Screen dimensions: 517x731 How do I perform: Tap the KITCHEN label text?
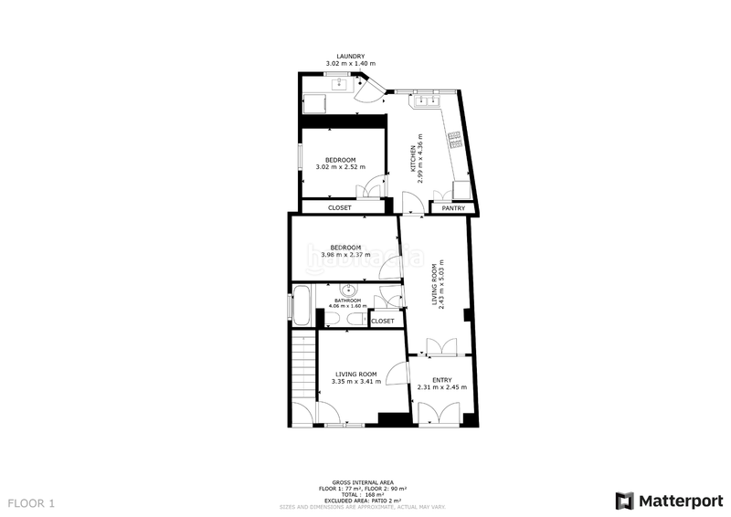[413, 157]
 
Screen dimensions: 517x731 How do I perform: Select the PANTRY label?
[453, 208]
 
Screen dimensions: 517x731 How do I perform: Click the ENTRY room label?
[441, 380]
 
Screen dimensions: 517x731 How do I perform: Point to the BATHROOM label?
[347, 301]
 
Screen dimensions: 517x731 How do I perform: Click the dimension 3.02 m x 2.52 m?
[340, 167]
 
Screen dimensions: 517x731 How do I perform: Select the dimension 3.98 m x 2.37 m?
[345, 255]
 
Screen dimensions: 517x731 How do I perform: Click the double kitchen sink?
[426, 99]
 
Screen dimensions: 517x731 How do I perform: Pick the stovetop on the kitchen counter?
[454, 141]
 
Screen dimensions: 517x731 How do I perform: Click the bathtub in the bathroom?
[300, 302]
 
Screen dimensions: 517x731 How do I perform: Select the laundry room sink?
[340, 82]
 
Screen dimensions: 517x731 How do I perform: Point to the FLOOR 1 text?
[32, 502]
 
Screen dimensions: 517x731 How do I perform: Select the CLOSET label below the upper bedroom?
[339, 207]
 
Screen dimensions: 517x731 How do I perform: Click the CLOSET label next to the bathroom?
[383, 321]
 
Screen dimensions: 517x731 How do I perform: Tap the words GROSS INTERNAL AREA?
[364, 482]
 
